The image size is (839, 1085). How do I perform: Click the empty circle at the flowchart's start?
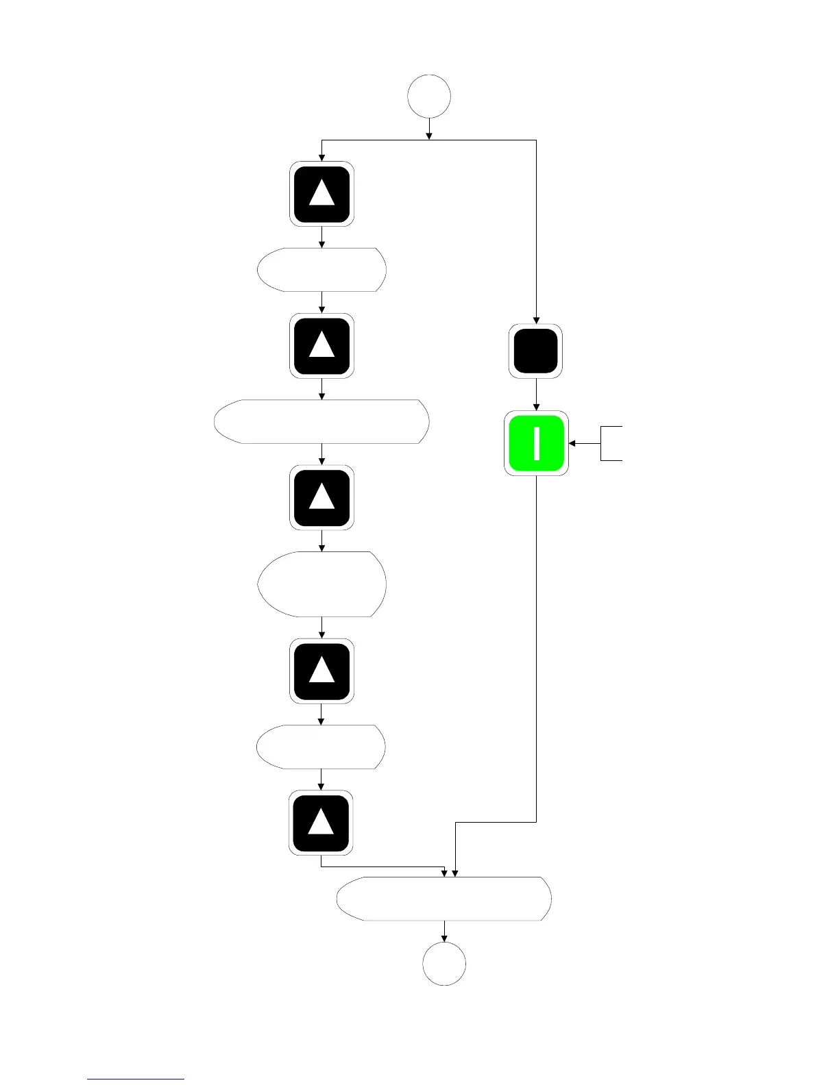(429, 97)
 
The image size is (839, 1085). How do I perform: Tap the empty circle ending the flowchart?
(444, 963)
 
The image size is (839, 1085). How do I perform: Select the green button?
(536, 443)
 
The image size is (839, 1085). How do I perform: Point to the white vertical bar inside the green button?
(536, 443)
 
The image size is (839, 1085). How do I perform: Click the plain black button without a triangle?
(536, 351)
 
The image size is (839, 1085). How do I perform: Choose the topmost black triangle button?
(321, 194)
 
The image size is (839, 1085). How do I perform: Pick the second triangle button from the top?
(321, 345)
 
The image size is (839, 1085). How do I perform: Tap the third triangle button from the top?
(321, 497)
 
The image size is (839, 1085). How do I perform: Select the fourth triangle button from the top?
(321, 671)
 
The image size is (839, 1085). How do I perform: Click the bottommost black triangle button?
(321, 822)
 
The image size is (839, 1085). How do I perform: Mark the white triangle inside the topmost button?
(321, 195)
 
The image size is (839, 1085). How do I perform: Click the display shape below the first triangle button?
(321, 270)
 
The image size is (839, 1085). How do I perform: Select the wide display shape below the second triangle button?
(321, 421)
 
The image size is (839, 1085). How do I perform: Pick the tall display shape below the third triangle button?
(321, 584)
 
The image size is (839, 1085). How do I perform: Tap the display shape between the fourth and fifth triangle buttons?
(321, 747)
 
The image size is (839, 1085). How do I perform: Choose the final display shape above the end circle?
(444, 898)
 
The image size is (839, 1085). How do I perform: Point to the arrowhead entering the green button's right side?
(572, 443)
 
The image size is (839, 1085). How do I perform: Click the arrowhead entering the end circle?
(444, 937)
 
